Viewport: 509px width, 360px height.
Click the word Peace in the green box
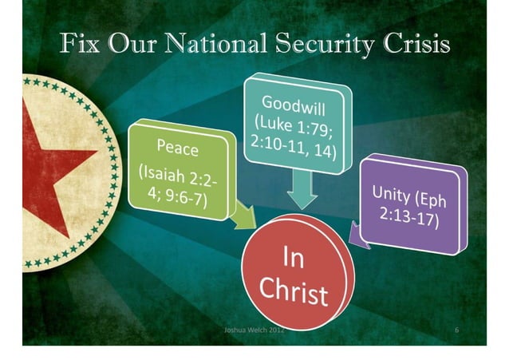click(x=178, y=148)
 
